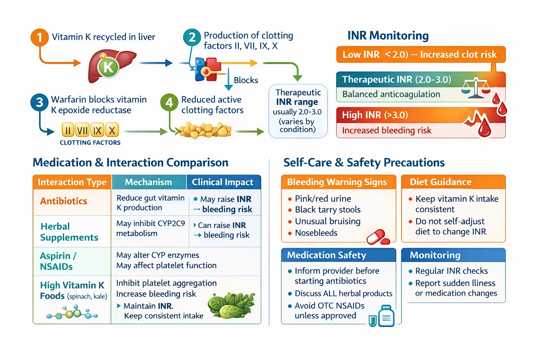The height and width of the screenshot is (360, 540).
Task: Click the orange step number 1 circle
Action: [x=39, y=37]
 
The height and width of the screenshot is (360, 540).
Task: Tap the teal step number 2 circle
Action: [x=192, y=37]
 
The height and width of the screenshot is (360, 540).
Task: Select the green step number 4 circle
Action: [x=169, y=102]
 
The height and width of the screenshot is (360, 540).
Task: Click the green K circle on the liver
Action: [x=108, y=66]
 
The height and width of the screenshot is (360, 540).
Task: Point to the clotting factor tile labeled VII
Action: [x=82, y=130]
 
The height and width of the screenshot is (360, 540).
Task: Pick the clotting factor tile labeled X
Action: [x=112, y=130]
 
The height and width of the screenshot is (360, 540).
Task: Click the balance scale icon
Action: [x=475, y=88]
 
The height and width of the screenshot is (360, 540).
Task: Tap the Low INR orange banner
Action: [x=420, y=54]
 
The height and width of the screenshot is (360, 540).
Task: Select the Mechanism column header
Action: [x=148, y=182]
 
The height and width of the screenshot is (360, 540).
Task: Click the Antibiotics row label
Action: [x=64, y=201]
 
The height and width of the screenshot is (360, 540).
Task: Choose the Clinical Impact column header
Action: [x=223, y=182]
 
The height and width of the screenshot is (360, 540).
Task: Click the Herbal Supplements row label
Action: [x=69, y=232]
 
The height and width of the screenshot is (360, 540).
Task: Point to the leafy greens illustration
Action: [x=231, y=304]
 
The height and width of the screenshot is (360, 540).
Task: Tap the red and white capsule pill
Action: [x=378, y=237]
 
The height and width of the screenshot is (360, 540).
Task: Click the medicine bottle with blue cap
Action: [x=386, y=316]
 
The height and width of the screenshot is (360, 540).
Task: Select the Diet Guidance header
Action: [x=441, y=182]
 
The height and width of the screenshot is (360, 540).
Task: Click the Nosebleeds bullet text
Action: [x=316, y=233]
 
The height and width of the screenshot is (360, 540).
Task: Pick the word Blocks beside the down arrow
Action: [x=246, y=80]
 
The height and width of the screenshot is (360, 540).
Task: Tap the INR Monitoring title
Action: [x=388, y=36]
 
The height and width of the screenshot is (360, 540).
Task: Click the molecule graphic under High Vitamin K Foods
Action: [x=72, y=313]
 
